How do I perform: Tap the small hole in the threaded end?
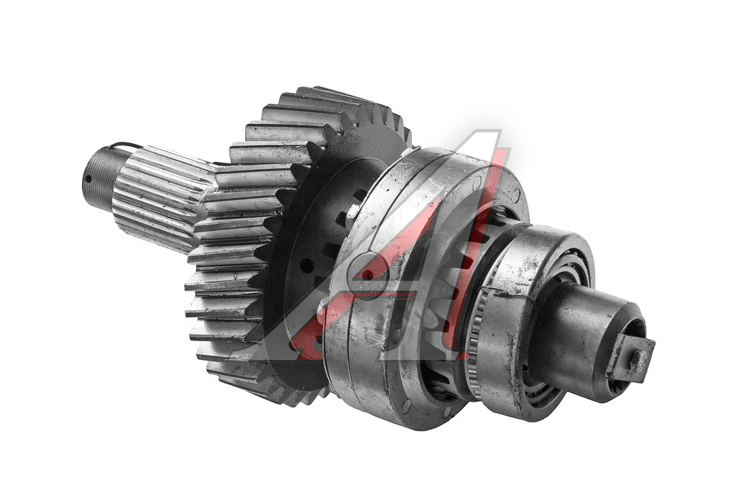pyautogui.click(x=88, y=178)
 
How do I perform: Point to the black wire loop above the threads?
pyautogui.click(x=128, y=145)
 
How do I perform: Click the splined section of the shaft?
pyautogui.click(x=160, y=197)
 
